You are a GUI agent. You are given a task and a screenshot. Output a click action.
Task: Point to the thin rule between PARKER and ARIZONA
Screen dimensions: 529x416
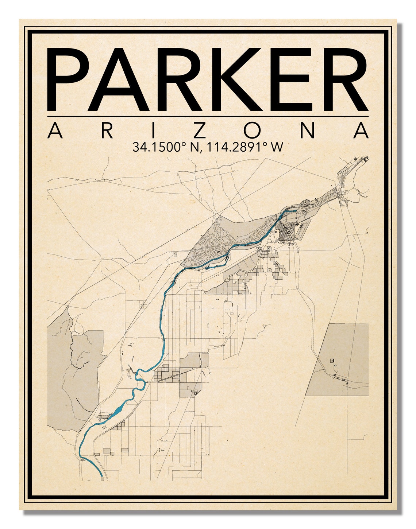(208, 117)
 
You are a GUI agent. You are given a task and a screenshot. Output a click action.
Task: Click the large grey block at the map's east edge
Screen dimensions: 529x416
(339, 359)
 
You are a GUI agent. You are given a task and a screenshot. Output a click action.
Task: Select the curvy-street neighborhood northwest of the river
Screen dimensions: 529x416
(215, 237)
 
